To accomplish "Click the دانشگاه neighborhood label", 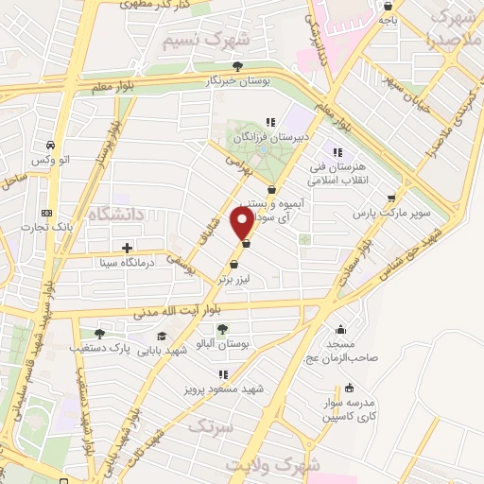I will [113, 216].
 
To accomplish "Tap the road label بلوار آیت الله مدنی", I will [181, 313].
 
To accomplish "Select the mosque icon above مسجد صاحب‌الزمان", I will [340, 330].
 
